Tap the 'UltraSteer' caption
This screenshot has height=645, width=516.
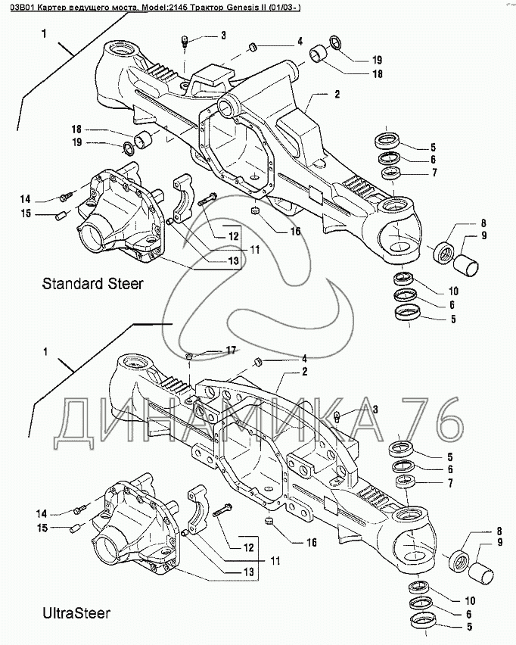click(76, 612)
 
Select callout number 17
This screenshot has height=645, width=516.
click(230, 350)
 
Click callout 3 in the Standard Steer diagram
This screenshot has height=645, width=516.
click(223, 36)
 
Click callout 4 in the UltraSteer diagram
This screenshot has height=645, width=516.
click(304, 358)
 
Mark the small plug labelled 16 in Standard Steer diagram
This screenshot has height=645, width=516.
click(256, 210)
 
